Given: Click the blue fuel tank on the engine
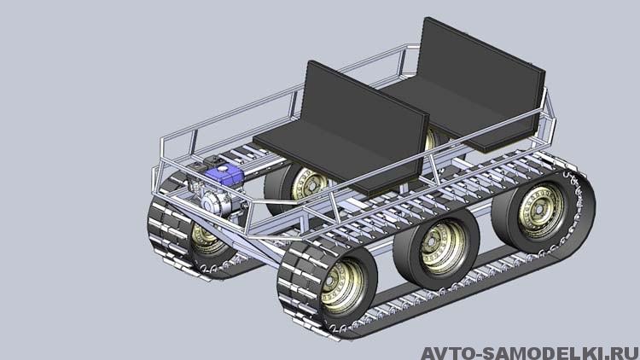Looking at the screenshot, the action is pyautogui.click(x=224, y=174).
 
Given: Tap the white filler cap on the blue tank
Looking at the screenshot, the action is pyautogui.click(x=223, y=169).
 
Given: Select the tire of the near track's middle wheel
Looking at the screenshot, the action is pyautogui.click(x=436, y=249).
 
